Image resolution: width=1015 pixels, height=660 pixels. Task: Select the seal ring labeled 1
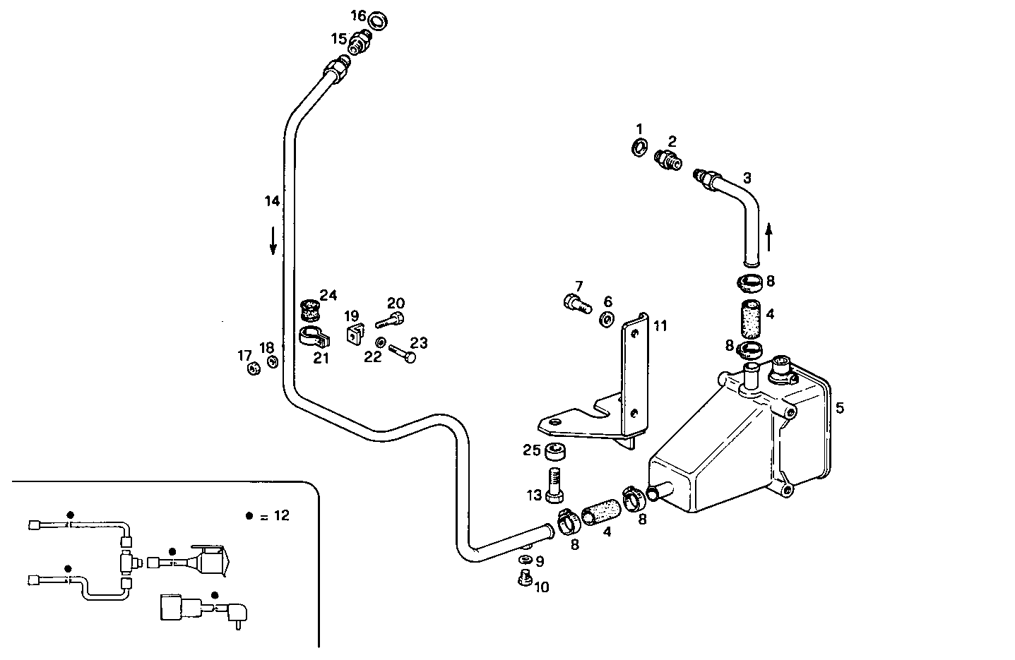coord(640,147)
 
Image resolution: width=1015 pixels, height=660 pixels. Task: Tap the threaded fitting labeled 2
coord(667,159)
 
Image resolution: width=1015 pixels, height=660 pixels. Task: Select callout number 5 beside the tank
coord(839,407)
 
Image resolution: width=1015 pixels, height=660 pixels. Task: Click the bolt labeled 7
coord(576,305)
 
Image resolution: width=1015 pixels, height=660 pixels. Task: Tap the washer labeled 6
coord(606,320)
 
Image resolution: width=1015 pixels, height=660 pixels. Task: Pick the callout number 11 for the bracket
coord(660,326)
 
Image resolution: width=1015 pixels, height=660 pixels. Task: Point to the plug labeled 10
coord(524,578)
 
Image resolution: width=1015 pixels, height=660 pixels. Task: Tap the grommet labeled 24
coord(309,308)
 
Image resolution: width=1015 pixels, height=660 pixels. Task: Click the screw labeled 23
coord(403,353)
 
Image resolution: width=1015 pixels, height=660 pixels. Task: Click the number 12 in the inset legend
coord(281,515)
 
